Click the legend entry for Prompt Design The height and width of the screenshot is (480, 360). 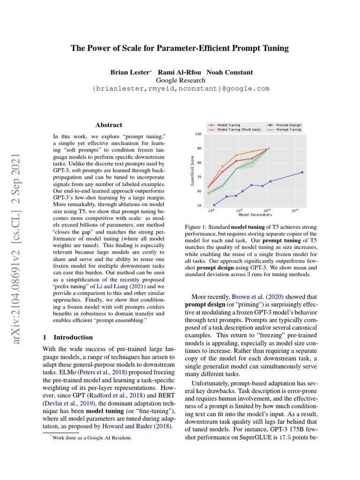[x=288, y=125]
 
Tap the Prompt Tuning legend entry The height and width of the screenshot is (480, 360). [x=288, y=130]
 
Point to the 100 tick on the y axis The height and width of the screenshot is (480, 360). [x=198, y=134]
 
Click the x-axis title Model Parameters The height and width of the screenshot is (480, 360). [x=255, y=215]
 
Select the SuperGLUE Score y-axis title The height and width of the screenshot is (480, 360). [x=192, y=170]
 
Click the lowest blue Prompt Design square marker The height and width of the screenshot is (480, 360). [x=214, y=205]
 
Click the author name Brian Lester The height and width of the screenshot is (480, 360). [x=129, y=72]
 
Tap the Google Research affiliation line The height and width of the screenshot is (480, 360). [x=180, y=80]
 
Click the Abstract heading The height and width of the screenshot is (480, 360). [x=109, y=125]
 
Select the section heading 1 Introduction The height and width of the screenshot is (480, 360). [x=67, y=337]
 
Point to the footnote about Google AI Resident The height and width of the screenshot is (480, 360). [x=89, y=438]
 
